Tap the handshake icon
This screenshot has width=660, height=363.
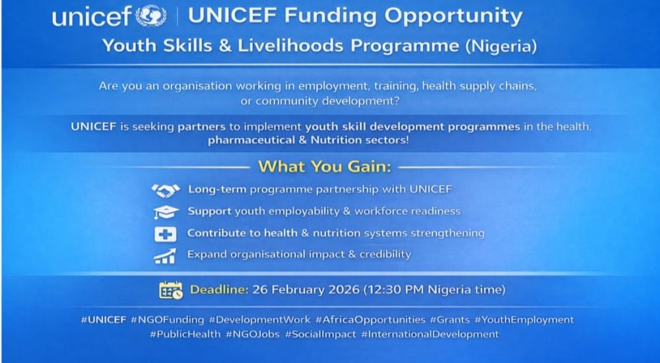click(165, 190)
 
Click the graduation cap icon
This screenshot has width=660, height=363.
click(165, 212)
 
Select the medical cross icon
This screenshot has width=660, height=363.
click(164, 234)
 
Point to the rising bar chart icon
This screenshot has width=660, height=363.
click(165, 255)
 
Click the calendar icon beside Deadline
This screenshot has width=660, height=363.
click(170, 290)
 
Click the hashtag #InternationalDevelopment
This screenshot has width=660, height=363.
click(430, 335)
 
